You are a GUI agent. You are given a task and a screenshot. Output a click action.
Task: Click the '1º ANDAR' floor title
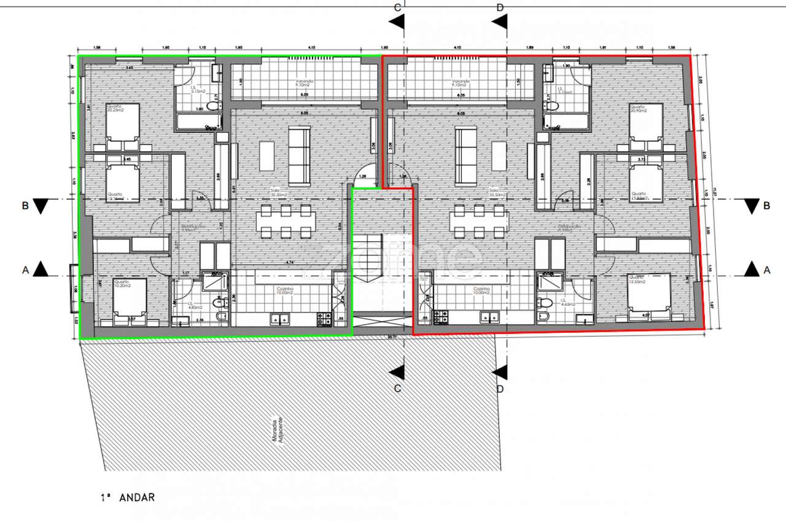128,498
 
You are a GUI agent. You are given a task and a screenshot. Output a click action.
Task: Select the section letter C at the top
397,7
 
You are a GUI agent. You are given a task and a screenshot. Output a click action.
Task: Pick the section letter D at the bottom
500,388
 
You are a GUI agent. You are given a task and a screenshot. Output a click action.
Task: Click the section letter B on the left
25,206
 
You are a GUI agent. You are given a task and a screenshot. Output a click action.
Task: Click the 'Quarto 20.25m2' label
115,107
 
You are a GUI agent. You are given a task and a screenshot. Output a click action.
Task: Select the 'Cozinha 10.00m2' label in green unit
284,291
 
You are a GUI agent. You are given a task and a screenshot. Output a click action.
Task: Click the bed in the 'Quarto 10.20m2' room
130,301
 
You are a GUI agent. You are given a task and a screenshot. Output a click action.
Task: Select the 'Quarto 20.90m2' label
642,107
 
